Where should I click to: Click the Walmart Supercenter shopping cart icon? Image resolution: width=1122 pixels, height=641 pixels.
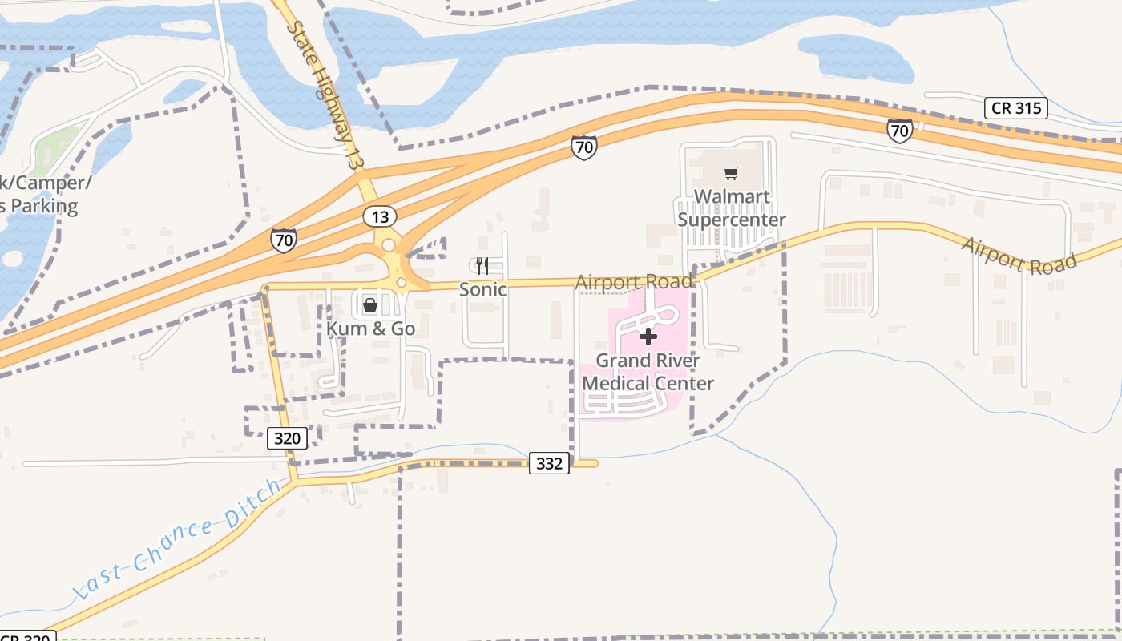731,173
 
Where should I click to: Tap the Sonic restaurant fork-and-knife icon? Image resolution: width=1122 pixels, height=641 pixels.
482,265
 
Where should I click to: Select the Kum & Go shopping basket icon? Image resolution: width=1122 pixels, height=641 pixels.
370,304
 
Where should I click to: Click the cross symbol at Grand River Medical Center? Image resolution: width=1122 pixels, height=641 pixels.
648,337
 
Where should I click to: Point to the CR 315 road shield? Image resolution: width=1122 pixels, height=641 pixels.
1016,108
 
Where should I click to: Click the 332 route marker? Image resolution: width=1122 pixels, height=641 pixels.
549,463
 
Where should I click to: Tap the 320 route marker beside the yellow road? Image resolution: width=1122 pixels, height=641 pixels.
287,438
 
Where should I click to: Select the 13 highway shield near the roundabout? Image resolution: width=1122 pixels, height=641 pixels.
379,216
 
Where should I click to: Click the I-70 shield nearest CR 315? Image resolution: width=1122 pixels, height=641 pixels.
899,130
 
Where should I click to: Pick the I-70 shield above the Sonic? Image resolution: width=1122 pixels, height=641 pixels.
583,147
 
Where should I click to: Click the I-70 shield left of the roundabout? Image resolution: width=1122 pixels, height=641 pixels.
283,240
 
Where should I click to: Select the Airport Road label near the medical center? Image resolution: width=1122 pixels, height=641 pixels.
633,282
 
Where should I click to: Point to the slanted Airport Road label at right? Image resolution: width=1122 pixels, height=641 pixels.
1018,256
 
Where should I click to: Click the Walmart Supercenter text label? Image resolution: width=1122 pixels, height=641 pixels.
731,208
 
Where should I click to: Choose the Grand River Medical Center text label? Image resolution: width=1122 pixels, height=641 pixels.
648,372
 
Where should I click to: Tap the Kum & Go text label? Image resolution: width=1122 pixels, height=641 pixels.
370,329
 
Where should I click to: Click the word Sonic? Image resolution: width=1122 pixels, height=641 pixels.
482,289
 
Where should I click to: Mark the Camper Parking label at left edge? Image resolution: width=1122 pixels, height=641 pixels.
40,195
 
